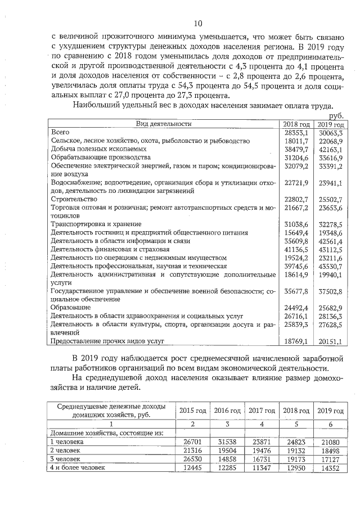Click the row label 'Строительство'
tap(74, 199)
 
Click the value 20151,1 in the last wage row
tap(331, 341)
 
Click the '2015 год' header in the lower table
tap(193, 410)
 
